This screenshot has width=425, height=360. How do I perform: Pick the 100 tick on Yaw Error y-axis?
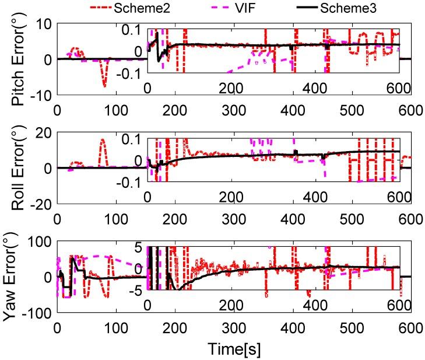tap(41, 241)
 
